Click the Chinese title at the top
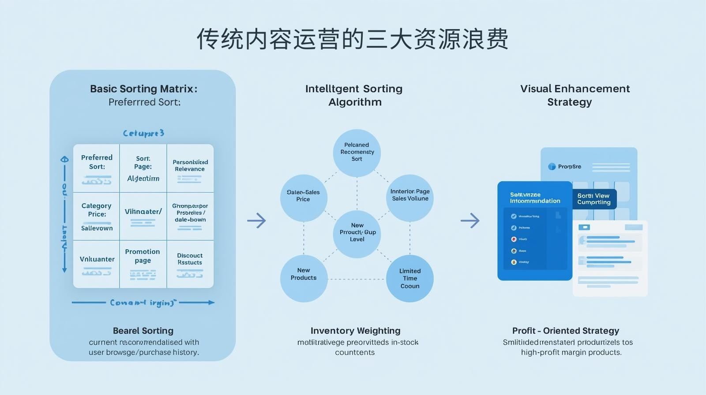[352, 40]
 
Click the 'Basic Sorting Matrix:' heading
[143, 89]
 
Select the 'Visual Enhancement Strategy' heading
[575, 95]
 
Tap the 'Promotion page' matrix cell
[143, 263]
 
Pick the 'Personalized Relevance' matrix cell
[190, 168]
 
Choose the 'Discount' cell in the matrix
[190, 263]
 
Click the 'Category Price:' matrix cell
[97, 216]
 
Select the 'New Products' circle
[304, 278]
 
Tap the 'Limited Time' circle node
[409, 278]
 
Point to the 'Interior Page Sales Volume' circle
[410, 197]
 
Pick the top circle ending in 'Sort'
[357, 153]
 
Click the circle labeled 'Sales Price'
[304, 197]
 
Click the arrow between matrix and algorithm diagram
[256, 220]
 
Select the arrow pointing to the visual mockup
[470, 220]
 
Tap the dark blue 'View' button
[594, 199]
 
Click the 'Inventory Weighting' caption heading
[355, 331]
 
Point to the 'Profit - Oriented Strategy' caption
[565, 331]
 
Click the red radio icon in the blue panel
[514, 239]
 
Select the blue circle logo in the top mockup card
[552, 167]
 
